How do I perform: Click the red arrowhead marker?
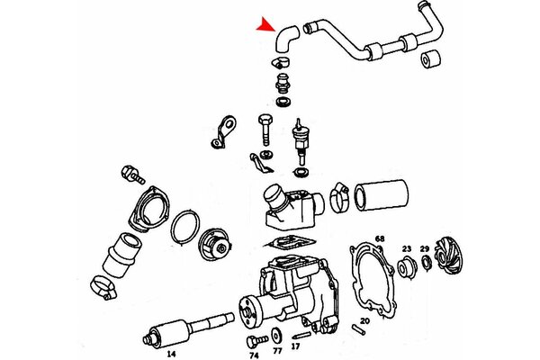(x=266, y=25)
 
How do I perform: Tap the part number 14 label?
(x=171, y=354)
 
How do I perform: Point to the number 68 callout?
(x=380, y=238)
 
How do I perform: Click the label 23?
(x=407, y=248)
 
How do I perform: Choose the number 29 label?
(x=425, y=248)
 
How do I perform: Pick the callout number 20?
(x=365, y=320)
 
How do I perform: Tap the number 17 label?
(x=295, y=346)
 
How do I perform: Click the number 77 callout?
(x=277, y=351)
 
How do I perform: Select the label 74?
(x=254, y=355)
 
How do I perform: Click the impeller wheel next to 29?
(x=448, y=256)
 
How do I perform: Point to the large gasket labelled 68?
(x=373, y=280)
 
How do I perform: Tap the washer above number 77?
(x=276, y=335)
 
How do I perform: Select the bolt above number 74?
(x=256, y=341)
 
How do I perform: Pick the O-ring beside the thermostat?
(x=185, y=228)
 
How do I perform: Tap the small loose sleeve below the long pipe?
(x=430, y=59)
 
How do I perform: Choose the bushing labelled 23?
(x=407, y=267)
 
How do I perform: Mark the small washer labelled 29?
(x=426, y=263)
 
